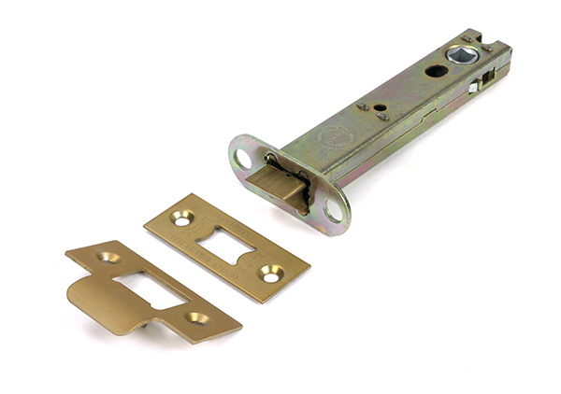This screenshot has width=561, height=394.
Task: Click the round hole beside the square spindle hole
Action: (436, 71)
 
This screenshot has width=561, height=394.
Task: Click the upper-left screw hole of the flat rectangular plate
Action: (180, 218)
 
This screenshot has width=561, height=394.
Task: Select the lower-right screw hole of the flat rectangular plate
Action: (269, 275)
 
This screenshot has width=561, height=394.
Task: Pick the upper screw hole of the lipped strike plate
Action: (109, 256)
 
